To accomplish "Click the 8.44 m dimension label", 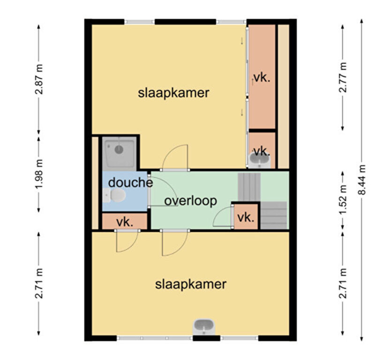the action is click(x=362, y=180).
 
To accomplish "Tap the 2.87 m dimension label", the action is click(x=39, y=79).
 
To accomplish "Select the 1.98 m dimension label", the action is click(x=39, y=174).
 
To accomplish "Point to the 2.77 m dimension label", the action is click(x=343, y=77).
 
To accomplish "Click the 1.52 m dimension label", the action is click(x=343, y=200).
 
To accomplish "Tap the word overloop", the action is click(x=191, y=201).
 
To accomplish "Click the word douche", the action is click(x=131, y=183).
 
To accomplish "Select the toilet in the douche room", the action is click(x=115, y=195).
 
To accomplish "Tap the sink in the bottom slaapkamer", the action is click(x=204, y=327).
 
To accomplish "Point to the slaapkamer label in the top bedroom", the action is click(x=173, y=92).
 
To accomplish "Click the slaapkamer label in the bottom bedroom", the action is click(x=191, y=284).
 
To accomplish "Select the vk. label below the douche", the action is click(x=125, y=222).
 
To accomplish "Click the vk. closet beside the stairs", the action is click(x=246, y=217).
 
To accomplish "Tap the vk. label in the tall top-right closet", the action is click(x=262, y=78).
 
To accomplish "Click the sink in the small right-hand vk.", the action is click(x=259, y=160).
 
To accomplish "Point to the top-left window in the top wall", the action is click(x=139, y=22).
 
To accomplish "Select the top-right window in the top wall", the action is click(x=231, y=22).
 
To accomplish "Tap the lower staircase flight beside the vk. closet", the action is click(x=273, y=215).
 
